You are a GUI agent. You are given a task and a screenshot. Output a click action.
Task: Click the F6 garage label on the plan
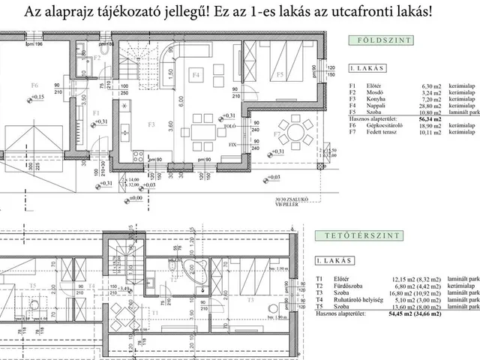click(34, 85)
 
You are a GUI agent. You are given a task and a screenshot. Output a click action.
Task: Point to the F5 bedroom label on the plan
click(278, 75)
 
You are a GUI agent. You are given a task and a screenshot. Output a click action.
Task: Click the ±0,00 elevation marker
click(134, 198)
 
